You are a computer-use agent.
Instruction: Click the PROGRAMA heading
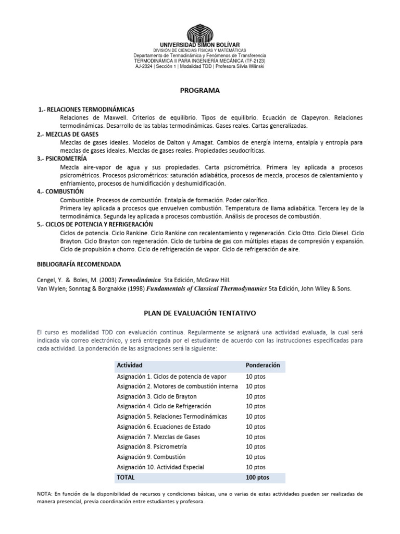(200, 90)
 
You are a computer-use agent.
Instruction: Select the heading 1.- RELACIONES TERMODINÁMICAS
(87, 110)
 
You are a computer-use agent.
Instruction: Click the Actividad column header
(130, 365)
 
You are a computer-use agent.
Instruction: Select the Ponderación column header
(262, 365)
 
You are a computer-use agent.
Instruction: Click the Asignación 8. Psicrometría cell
(152, 447)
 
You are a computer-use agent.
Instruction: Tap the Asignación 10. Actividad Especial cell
(160, 467)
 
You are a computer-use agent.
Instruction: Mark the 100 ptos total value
(257, 478)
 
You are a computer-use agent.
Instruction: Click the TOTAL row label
(126, 478)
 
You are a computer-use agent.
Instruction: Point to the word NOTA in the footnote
(45, 493)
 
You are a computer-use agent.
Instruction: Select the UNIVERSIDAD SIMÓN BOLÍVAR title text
(199, 45)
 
